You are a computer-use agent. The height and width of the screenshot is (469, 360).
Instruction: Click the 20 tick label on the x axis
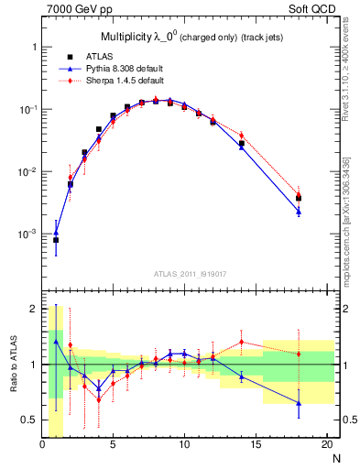[326, 446]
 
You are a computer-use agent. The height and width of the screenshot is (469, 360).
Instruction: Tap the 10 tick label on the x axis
[184, 446]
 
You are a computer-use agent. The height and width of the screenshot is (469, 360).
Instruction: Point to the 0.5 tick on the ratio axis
[30, 420]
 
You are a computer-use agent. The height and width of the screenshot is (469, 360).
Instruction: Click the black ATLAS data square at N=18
[298, 198]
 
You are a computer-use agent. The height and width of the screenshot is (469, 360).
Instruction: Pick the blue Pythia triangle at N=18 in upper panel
[298, 212]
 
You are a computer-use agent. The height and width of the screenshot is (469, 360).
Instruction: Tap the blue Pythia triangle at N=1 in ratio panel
[56, 342]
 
